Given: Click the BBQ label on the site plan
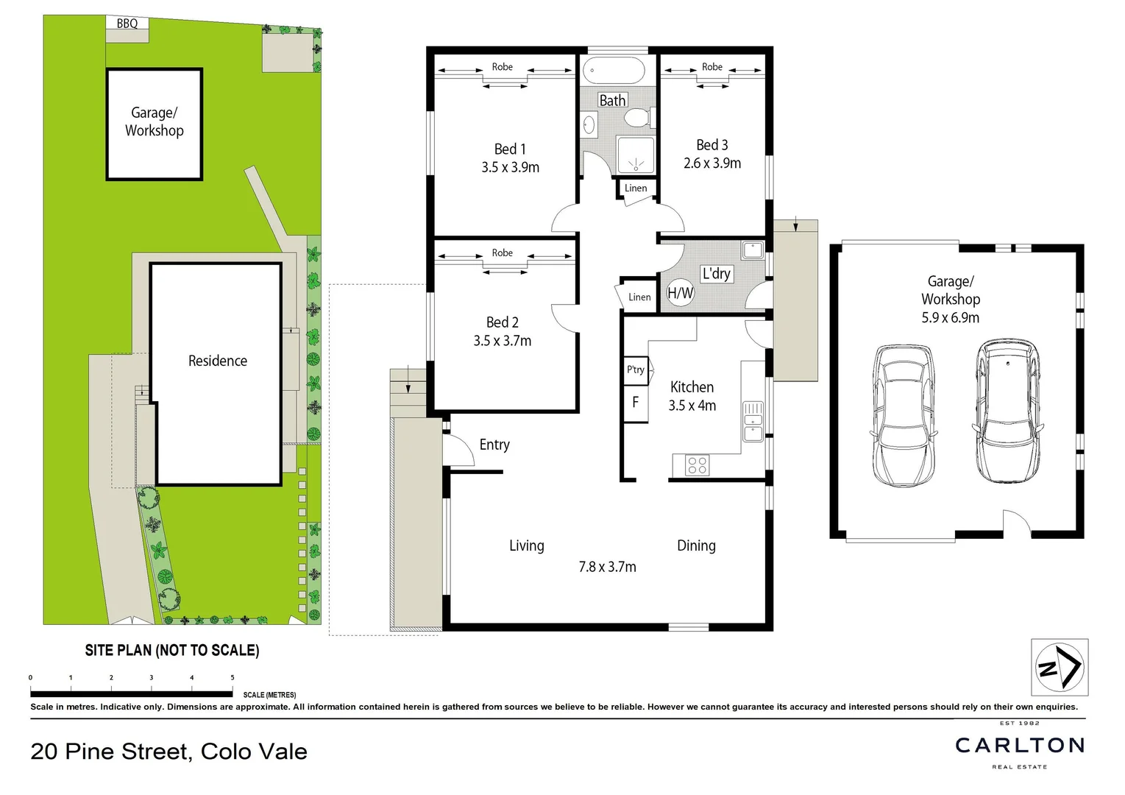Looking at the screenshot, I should [127, 24].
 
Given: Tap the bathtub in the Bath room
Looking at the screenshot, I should [614, 71].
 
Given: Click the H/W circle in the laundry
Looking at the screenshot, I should [680, 293].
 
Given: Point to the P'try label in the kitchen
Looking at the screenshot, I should [636, 370].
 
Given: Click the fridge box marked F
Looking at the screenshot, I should [636, 403].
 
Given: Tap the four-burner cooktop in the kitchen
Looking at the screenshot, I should [698, 465].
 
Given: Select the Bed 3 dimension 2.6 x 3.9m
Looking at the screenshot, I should [711, 163].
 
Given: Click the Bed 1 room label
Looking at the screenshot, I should [510, 149].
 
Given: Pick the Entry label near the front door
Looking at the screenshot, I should [494, 445].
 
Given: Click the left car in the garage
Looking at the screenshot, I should [903, 415].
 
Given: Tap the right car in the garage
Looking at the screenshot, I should [1007, 411].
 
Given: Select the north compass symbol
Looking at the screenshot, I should [1059, 668].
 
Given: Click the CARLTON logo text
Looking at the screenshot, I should [1020, 746].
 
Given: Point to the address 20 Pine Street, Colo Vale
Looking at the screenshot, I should [169, 752].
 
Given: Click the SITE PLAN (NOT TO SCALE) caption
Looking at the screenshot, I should [172, 651].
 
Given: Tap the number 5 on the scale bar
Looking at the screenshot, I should [233, 678].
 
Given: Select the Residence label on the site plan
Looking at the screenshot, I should [217, 361].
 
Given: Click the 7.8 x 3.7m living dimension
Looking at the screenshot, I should [607, 567].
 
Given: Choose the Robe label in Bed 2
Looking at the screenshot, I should [503, 253].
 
